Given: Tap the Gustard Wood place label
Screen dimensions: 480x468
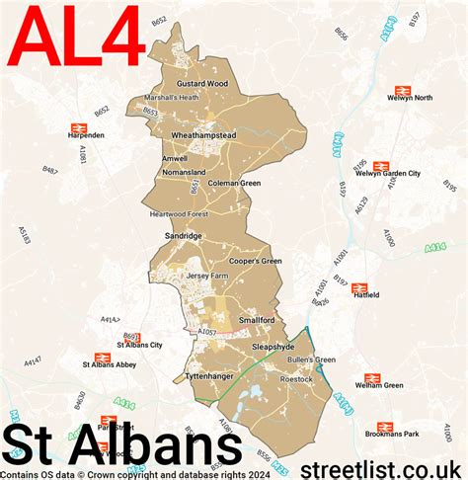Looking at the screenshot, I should point(201,84).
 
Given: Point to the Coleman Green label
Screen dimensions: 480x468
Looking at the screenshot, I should point(234,183).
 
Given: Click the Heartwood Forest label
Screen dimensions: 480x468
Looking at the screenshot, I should point(181,214).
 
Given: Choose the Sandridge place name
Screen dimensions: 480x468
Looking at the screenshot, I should point(184,237).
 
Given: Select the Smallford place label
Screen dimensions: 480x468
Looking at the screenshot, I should point(256,320).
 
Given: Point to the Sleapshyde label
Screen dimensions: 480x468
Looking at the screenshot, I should point(273,348).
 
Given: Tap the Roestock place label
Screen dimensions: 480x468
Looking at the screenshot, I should point(296,378).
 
